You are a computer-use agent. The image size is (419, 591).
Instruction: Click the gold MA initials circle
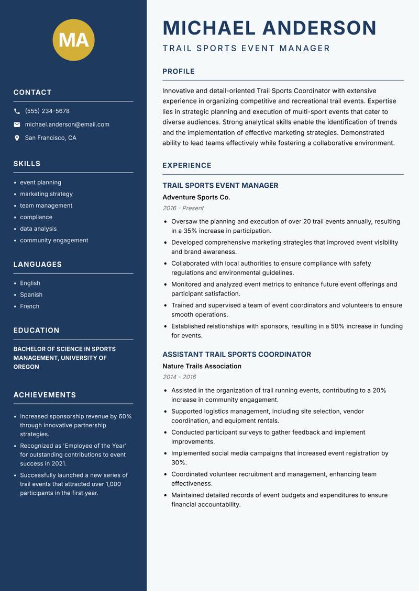73,39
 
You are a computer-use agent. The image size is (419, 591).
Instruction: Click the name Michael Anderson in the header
269,28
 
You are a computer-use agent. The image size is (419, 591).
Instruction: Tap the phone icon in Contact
17,111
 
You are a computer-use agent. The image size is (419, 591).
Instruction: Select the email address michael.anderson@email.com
67,124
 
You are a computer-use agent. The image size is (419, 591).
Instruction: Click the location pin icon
17,138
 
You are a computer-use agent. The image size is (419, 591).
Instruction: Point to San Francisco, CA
50,138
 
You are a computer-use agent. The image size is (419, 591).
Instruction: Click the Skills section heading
27,164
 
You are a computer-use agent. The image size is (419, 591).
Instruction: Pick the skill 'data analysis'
38,229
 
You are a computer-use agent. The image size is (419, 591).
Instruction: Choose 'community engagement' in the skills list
54,241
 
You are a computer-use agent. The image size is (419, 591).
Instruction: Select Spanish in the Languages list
31,294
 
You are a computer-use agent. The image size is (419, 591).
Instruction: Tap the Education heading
36,331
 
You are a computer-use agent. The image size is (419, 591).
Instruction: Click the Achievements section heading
45,395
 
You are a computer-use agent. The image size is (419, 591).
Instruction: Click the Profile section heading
178,72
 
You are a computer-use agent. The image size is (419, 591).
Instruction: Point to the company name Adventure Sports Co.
196,198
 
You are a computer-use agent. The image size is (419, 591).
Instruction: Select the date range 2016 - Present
183,208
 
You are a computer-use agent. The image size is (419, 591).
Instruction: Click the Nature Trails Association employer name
202,366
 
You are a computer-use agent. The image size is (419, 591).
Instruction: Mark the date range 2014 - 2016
179,377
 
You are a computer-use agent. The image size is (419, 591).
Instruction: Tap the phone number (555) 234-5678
47,111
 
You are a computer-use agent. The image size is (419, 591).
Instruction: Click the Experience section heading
186,166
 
